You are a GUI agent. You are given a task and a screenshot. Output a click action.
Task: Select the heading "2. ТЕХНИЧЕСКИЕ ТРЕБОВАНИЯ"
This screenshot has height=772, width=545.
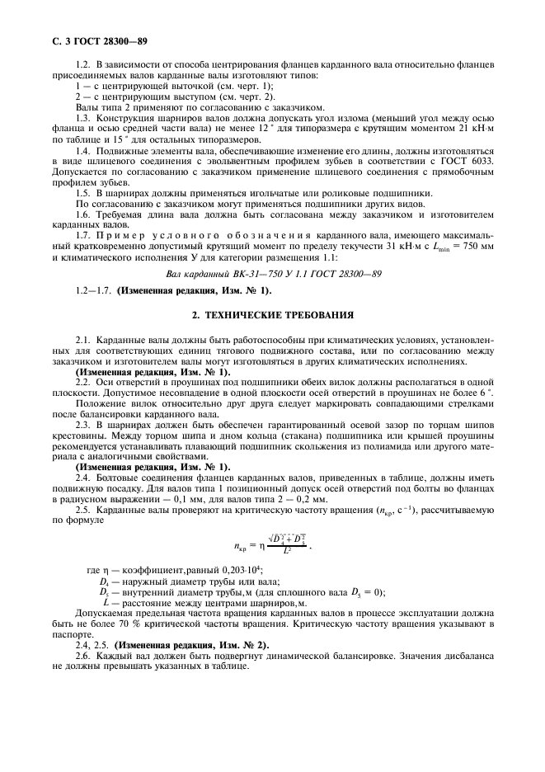coord(273,314)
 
